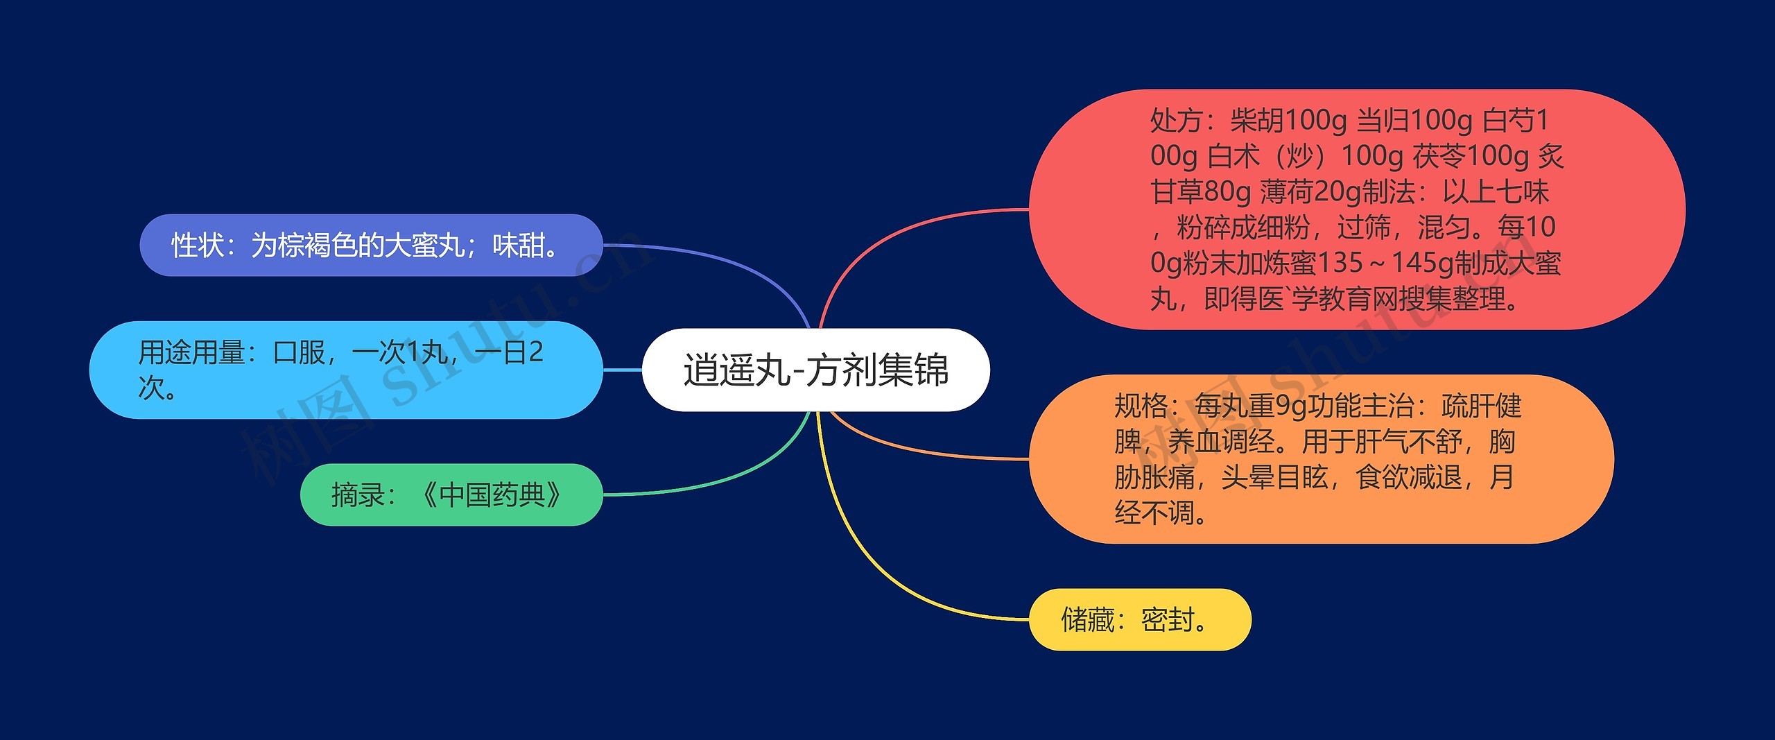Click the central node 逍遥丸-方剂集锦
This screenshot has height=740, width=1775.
[815, 370]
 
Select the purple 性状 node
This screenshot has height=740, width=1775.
[371, 246]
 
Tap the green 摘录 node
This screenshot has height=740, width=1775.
[451, 494]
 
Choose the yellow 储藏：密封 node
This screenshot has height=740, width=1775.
[1139, 619]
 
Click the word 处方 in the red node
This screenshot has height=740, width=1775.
[1176, 121]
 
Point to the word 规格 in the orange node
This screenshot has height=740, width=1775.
[1141, 406]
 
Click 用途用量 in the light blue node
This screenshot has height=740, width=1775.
[191, 353]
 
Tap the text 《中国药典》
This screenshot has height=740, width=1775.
[492, 494]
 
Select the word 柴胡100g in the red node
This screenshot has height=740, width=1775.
[1288, 121]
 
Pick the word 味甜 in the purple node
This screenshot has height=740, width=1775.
[519, 246]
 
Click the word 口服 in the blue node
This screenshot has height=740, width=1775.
[299, 353]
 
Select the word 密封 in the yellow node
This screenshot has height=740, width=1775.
[1168, 619]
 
